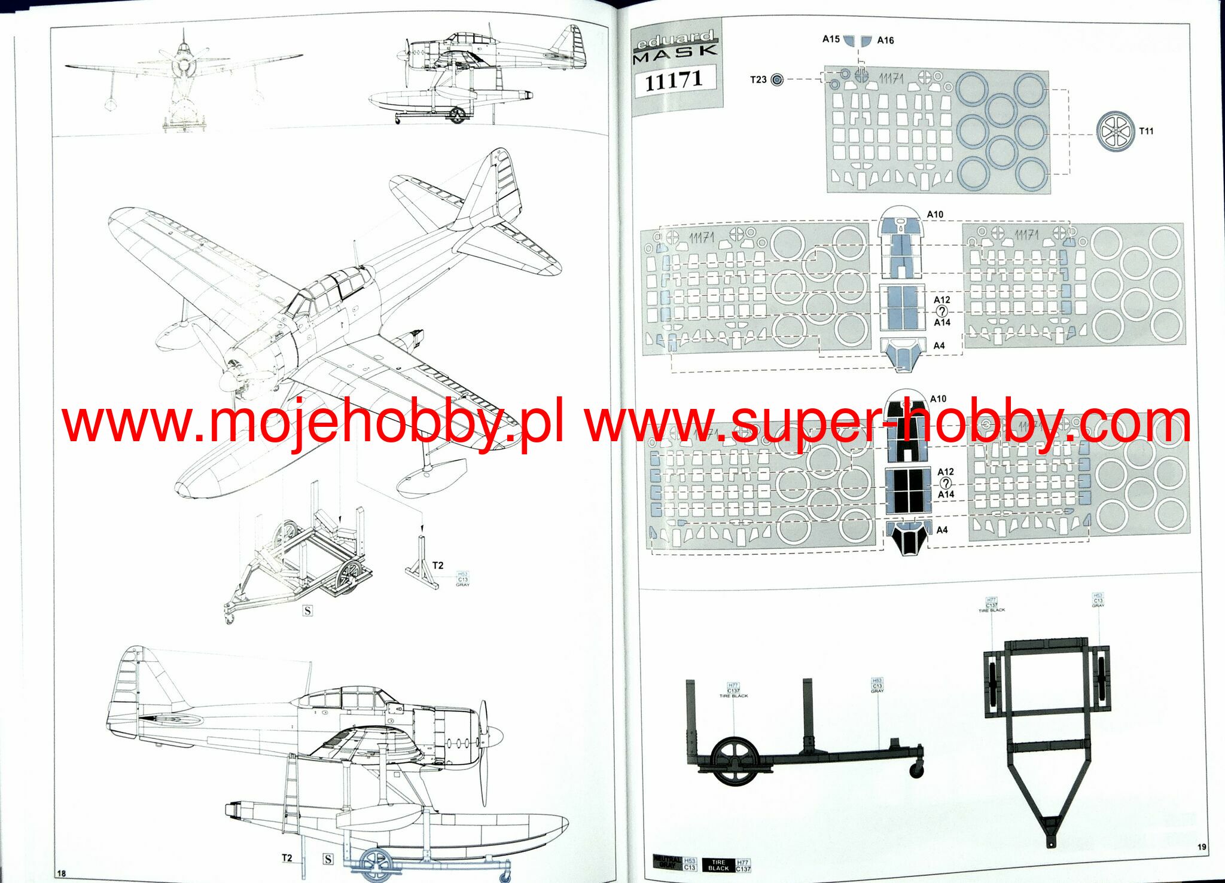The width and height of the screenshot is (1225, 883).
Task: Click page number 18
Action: pos(61,873)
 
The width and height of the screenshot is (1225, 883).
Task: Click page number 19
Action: pos(1202,847)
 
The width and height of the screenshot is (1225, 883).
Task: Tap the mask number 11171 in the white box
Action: pos(674,80)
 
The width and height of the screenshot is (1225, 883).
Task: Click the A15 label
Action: pos(831,39)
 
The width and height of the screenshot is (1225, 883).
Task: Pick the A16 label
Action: pos(885,41)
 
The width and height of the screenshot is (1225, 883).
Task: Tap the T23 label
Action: pos(758,80)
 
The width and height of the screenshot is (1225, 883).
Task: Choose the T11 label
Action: pos(1146,131)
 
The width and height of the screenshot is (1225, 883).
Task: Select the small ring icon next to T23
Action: pos(777,80)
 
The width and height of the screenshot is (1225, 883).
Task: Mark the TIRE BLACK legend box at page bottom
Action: pos(718,864)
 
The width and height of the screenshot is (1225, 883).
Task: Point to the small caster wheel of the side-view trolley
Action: pos(916,771)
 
